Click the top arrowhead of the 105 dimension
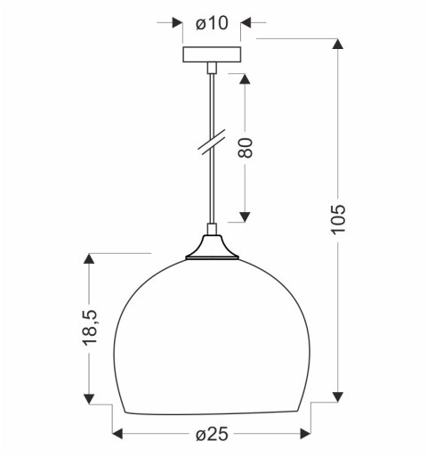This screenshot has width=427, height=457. click(x=338, y=47)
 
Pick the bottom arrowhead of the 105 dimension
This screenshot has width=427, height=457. click(x=338, y=394)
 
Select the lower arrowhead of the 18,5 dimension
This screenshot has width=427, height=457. click(x=90, y=394)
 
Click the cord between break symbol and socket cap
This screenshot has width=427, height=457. click(x=213, y=192)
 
